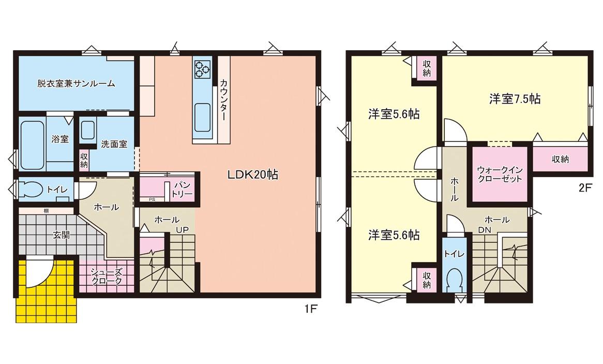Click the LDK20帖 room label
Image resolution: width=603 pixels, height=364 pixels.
coord(253,175)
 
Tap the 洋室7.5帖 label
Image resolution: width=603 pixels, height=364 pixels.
coord(515,99)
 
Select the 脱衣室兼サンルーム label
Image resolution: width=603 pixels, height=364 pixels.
coord(76,83)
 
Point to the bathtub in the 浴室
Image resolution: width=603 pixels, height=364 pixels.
coord(32,145)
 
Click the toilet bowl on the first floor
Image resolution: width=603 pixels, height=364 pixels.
coord(31,189)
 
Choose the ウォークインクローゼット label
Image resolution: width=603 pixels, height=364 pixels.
coord(500,174)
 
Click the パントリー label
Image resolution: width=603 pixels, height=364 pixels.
coord(182,190)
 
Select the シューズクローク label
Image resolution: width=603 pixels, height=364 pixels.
coord(107,276)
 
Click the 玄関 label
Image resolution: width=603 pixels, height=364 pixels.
coord(62,235)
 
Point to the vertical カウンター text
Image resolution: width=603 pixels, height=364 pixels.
coord(223,100)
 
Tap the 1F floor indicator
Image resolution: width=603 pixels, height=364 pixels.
coord(310,309)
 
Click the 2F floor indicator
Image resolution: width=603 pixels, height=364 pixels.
coord(584,189)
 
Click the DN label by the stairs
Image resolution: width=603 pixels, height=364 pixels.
coord(485,230)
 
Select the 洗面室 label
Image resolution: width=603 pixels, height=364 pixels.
coord(114,144)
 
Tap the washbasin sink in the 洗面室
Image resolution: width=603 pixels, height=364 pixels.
coord(88,130)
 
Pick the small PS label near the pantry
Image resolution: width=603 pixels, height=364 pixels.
coord(152,199)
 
